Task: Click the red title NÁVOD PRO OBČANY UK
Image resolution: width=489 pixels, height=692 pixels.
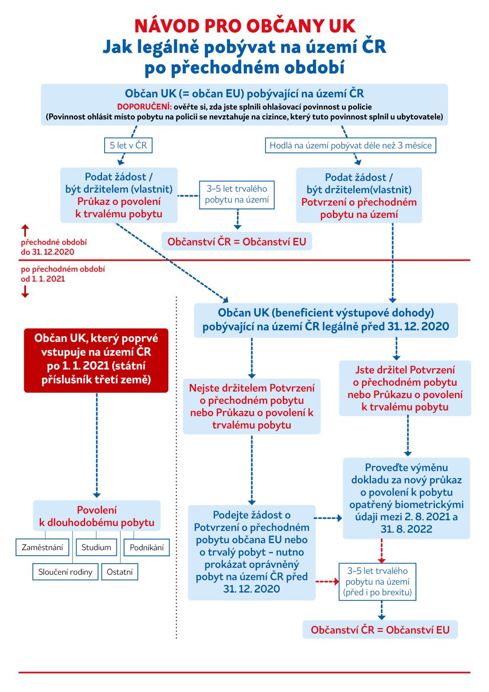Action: (244, 26)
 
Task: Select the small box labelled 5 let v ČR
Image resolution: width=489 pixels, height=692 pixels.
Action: (128, 145)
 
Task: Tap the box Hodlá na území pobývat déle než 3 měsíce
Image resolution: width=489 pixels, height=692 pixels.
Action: (351, 145)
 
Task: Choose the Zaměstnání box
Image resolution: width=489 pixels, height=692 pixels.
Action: (42, 548)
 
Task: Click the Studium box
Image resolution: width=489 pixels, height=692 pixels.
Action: (96, 548)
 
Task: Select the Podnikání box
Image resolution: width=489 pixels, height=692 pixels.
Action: (147, 548)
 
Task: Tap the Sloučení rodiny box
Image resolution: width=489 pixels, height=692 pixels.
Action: (65, 572)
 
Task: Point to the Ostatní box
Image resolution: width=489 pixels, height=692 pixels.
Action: (120, 572)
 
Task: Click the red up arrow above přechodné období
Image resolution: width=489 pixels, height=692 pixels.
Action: (25, 230)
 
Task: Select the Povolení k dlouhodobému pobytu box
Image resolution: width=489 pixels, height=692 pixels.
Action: (96, 516)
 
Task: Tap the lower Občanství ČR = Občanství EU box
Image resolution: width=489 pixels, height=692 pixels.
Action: (380, 630)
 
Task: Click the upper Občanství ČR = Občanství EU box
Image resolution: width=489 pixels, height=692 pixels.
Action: (237, 241)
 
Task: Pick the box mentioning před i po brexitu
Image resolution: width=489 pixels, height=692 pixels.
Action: (377, 582)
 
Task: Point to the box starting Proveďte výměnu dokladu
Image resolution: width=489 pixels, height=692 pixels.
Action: (406, 498)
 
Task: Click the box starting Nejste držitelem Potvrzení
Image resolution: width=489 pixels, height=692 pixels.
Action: (252, 406)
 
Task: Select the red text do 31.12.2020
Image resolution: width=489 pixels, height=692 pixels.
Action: (48, 252)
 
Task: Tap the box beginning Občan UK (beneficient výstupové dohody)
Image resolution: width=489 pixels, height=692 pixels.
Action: (326, 320)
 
